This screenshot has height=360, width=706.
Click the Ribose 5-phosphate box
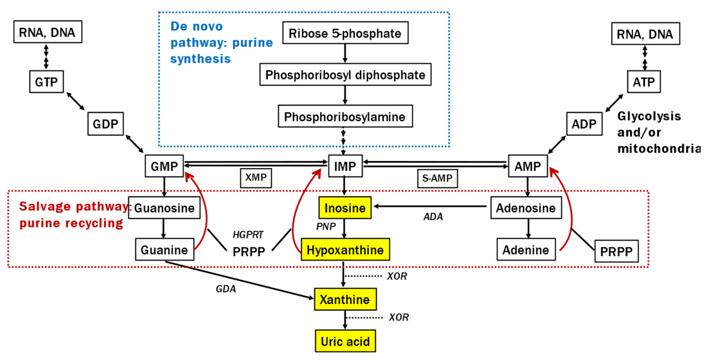pos(345,33)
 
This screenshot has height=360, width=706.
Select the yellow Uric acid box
pos(345,341)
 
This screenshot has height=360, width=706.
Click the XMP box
pos(256,178)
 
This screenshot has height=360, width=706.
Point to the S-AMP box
pos(437,178)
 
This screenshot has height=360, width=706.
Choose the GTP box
pos(46,82)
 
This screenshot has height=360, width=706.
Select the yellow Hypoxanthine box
pos(345,250)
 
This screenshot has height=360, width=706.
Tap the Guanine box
pos(164,250)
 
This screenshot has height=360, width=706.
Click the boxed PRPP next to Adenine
pos(616,251)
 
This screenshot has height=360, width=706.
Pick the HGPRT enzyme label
pos(248,235)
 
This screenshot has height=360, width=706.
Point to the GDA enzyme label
pos(226,289)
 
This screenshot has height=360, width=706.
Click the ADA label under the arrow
pos(433,216)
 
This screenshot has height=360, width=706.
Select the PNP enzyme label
pos(326,226)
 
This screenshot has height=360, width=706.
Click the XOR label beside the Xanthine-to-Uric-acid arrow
pos(399,317)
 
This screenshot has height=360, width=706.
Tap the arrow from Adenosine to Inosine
pos(430,206)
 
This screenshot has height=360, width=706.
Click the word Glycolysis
pos(649,116)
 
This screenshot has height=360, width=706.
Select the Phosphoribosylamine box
pos(345,116)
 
